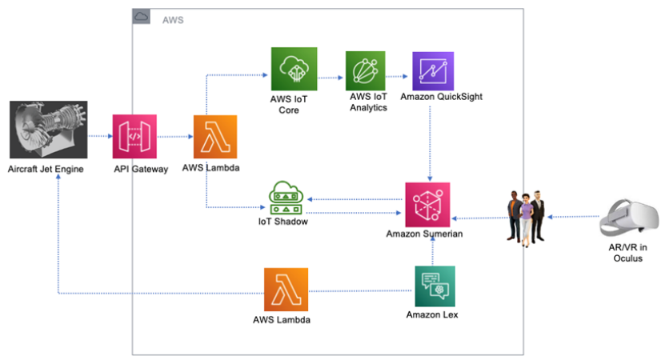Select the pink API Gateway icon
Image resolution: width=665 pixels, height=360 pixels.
134,137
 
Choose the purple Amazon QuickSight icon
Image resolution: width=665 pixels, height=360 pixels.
432,73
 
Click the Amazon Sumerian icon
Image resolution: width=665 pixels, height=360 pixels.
427,205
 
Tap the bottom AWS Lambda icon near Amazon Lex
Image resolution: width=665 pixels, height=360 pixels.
286,290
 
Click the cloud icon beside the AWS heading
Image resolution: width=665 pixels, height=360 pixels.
141,16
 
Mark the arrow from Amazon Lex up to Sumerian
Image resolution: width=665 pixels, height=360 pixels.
432,252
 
